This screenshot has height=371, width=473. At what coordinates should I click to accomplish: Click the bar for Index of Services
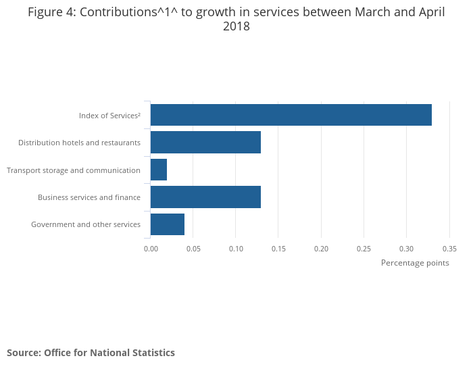[x=291, y=115]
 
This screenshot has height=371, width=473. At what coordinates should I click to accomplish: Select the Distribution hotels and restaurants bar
[x=205, y=143]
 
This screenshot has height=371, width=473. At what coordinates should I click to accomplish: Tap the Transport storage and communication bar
[x=159, y=170]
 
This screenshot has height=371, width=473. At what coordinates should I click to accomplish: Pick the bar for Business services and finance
[x=205, y=197]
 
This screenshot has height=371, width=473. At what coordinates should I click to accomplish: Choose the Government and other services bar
[x=168, y=224]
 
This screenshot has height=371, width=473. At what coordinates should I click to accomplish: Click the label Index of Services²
[x=109, y=116]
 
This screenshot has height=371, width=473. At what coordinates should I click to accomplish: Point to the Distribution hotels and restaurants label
[x=79, y=143]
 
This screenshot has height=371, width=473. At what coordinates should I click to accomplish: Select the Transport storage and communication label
[x=74, y=170]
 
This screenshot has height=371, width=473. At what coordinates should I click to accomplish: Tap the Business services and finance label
[x=89, y=197]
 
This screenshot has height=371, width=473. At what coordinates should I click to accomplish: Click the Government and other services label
[x=86, y=224]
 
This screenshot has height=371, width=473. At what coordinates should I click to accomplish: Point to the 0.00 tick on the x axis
[x=151, y=249]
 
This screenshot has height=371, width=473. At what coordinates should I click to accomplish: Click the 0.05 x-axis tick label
[x=193, y=249]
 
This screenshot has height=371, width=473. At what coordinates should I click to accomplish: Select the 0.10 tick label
[x=236, y=249]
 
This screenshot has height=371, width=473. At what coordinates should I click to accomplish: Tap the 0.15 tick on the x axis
[x=278, y=249]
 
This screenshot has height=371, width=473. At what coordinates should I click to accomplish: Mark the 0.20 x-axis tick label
[x=321, y=249]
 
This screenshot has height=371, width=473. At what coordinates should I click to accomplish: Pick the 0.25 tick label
[x=364, y=249]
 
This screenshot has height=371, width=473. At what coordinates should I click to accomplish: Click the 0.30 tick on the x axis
[x=406, y=249]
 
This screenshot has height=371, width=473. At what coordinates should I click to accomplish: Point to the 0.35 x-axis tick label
[x=449, y=249]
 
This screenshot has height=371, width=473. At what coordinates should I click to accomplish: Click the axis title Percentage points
[x=415, y=263]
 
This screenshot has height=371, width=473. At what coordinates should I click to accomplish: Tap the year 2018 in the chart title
[x=236, y=27]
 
